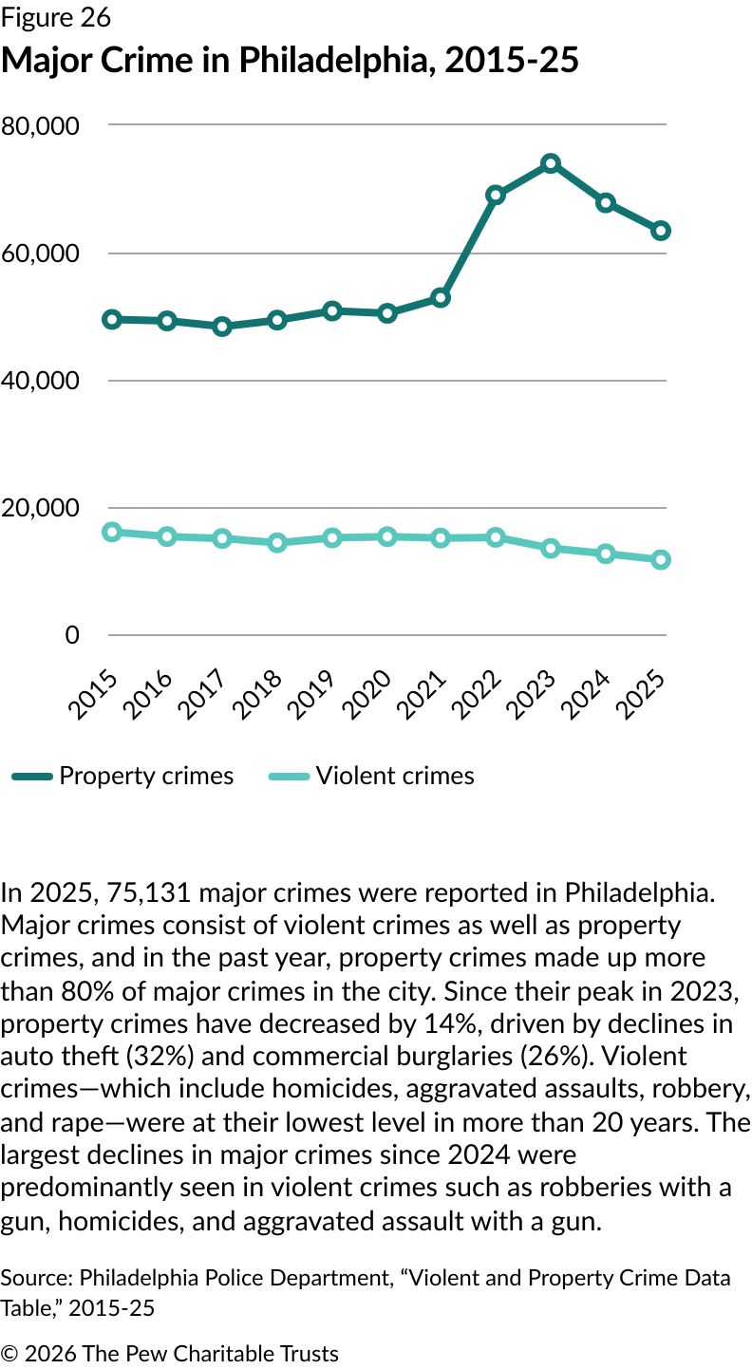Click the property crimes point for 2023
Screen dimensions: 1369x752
tap(551, 163)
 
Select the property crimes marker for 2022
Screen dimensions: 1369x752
tap(496, 195)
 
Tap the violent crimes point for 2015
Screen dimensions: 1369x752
tap(112, 532)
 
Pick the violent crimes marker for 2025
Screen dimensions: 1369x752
tap(661, 560)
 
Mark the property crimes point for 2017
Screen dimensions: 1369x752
tap(222, 327)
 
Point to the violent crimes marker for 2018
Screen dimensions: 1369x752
tap(277, 543)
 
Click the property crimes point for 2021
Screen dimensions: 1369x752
tap(441, 298)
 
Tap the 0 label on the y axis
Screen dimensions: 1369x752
tap(72, 635)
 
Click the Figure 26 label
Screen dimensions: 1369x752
tap(56, 18)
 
